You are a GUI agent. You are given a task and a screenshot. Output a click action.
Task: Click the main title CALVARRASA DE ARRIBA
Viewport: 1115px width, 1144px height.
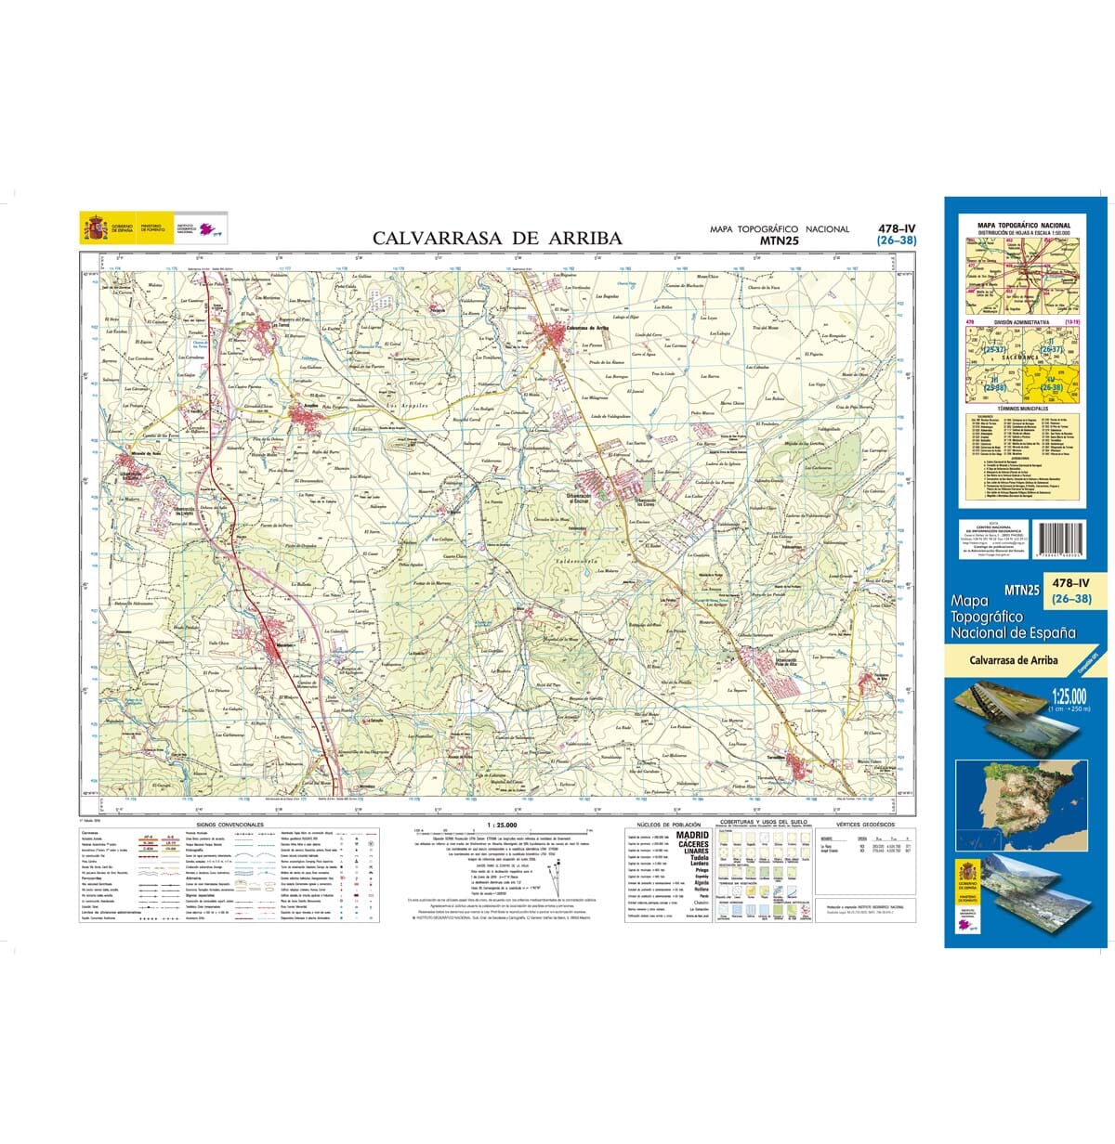point(497,239)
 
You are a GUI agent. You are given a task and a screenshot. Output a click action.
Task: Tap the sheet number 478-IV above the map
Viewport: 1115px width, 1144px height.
point(897,227)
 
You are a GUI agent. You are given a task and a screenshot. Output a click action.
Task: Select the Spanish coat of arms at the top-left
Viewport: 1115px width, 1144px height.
point(94,227)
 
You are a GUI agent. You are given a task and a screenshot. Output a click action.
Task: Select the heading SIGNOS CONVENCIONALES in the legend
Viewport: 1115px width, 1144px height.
point(230,825)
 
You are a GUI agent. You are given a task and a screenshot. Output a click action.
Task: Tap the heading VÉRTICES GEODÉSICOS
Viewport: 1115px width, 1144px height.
point(864,825)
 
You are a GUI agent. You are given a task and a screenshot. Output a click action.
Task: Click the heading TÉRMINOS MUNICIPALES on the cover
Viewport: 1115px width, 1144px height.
point(1020,408)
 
